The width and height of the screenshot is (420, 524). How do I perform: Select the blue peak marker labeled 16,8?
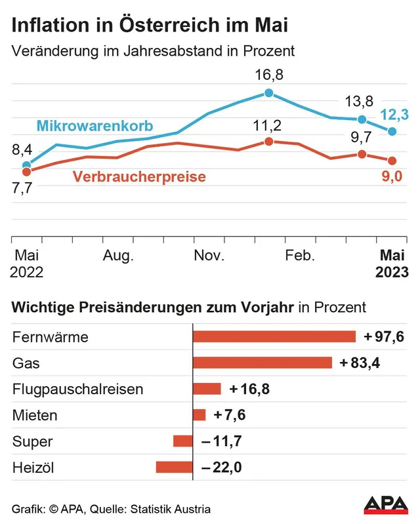coord(268,93)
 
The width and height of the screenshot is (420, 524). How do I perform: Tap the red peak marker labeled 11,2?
coord(268,142)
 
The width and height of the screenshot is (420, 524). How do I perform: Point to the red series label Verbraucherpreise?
coord(139,176)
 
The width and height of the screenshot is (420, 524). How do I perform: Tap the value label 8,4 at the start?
coord(23,150)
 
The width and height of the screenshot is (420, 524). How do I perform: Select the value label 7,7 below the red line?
coord(23,187)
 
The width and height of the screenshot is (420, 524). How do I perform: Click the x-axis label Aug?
coord(119,256)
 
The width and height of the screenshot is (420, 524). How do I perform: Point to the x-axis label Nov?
coord(209,256)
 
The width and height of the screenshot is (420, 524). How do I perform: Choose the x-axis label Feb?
coord(301,256)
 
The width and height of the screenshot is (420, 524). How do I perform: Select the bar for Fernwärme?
coord(274,336)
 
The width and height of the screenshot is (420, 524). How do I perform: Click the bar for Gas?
coord(262,363)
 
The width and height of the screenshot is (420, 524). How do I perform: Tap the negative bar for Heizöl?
coord(174,467)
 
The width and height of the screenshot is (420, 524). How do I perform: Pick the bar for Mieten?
coord(199,414)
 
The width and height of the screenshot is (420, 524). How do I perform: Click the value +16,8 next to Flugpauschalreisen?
coord(249,389)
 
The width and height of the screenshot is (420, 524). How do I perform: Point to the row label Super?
coord(33,441)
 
